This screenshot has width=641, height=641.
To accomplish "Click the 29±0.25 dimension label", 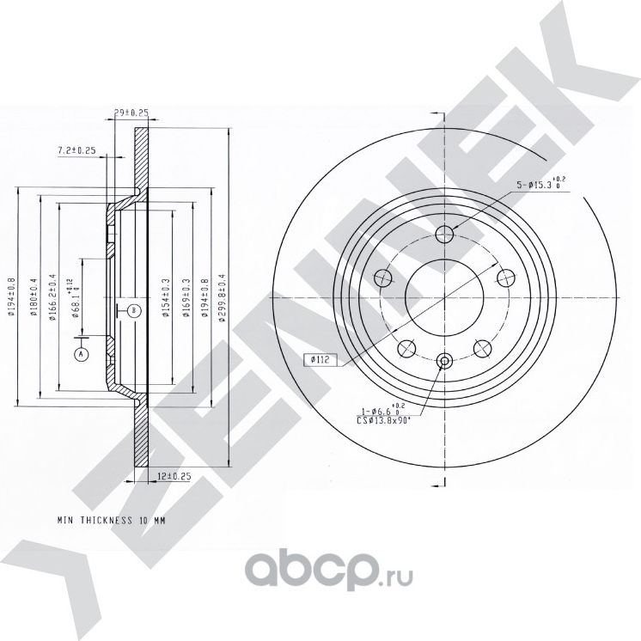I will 131,112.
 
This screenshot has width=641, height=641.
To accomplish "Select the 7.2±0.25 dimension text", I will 76,151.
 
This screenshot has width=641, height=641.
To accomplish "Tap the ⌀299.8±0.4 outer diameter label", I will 222,294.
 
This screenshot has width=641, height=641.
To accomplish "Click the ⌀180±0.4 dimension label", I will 34,295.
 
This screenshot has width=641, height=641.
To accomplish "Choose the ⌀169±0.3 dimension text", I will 186,294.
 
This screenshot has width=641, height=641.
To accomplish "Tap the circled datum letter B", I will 133,309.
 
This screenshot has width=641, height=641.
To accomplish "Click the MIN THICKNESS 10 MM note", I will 111,521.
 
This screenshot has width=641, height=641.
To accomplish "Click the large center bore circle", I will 444,296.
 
